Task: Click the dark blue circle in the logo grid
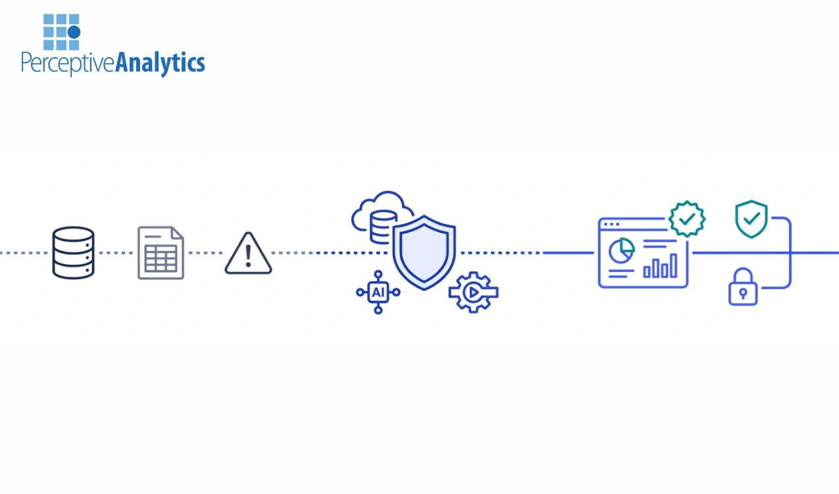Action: [74, 32]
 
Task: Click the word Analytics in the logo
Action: [160, 63]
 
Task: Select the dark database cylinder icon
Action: [74, 253]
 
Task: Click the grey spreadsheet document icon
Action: [161, 253]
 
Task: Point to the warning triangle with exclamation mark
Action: [248, 254]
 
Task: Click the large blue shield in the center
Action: [424, 253]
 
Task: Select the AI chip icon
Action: [378, 292]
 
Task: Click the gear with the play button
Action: [473, 292]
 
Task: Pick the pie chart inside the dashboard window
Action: [621, 250]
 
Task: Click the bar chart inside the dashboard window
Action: [660, 265]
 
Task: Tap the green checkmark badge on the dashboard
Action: [687, 219]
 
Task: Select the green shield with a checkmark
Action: [751, 219]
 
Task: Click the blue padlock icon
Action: [743, 287]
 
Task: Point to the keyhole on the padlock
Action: [743, 294]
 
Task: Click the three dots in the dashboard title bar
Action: [611, 224]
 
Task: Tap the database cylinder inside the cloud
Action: [383, 227]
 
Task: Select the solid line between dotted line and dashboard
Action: [568, 253]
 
